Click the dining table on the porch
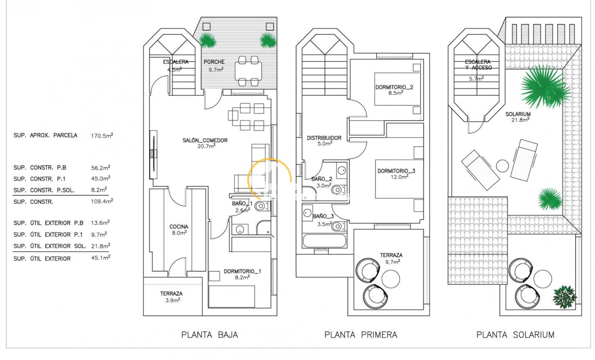click(x=248, y=71)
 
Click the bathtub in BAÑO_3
click(x=324, y=241)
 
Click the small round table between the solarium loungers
click(x=502, y=165)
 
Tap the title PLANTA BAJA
click(x=210, y=335)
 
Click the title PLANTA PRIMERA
click(x=361, y=335)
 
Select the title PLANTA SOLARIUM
click(x=515, y=335)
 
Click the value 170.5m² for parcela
click(x=102, y=136)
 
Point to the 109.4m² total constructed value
click(x=102, y=201)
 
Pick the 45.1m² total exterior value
click(x=101, y=258)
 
